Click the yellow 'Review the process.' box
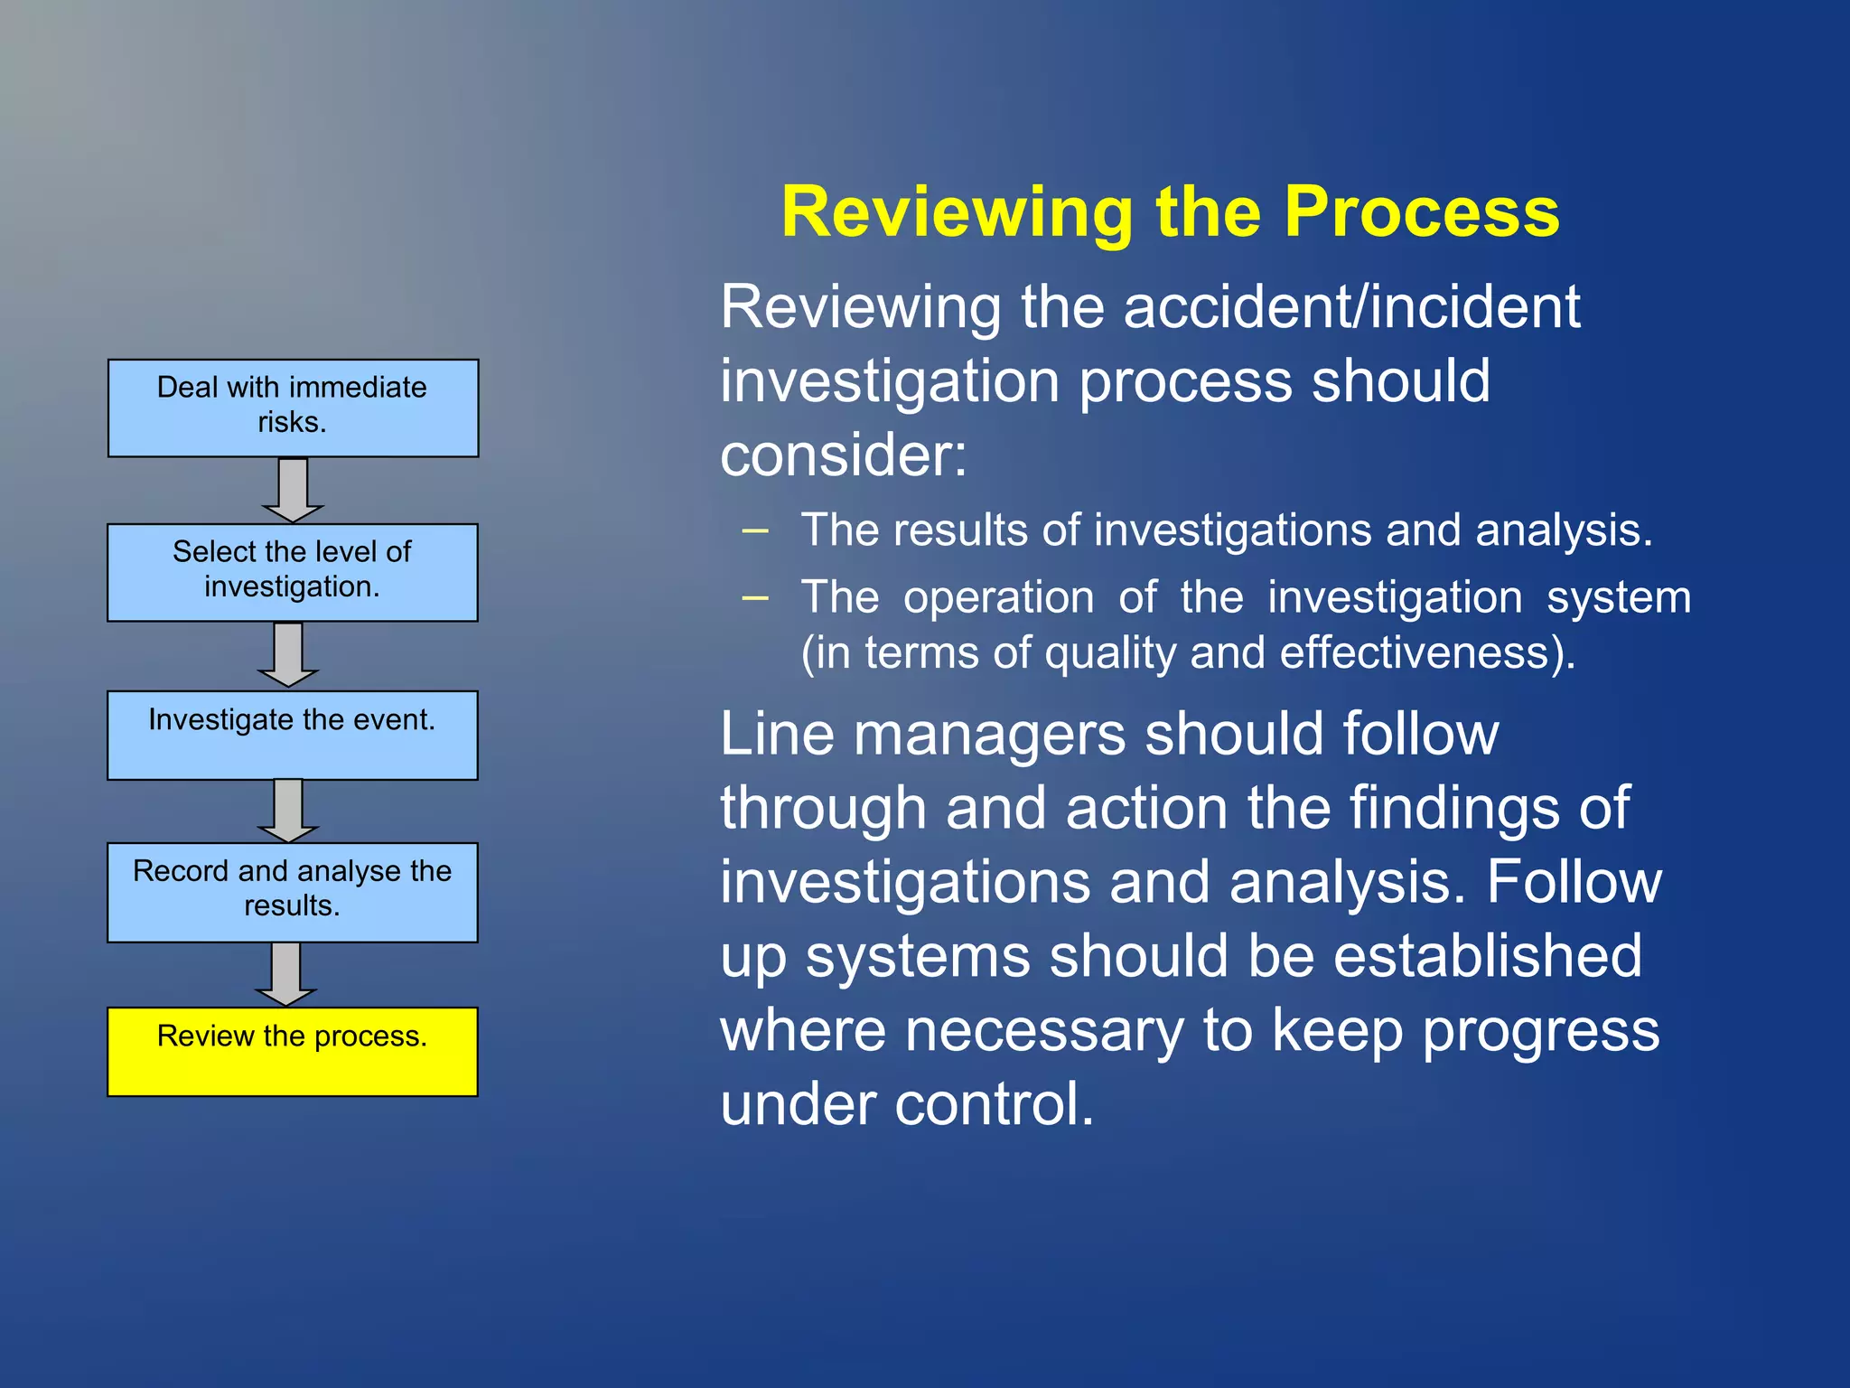(x=292, y=1052)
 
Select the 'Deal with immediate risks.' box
(x=293, y=408)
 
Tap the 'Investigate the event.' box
(x=292, y=735)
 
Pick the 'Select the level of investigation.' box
(x=292, y=572)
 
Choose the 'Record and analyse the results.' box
(x=292, y=892)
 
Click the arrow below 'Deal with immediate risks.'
(x=293, y=490)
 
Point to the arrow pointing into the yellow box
(x=286, y=974)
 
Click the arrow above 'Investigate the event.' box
(x=288, y=654)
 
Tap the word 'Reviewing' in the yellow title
(x=957, y=212)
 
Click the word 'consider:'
(x=843, y=455)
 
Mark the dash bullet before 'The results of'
(x=754, y=530)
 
